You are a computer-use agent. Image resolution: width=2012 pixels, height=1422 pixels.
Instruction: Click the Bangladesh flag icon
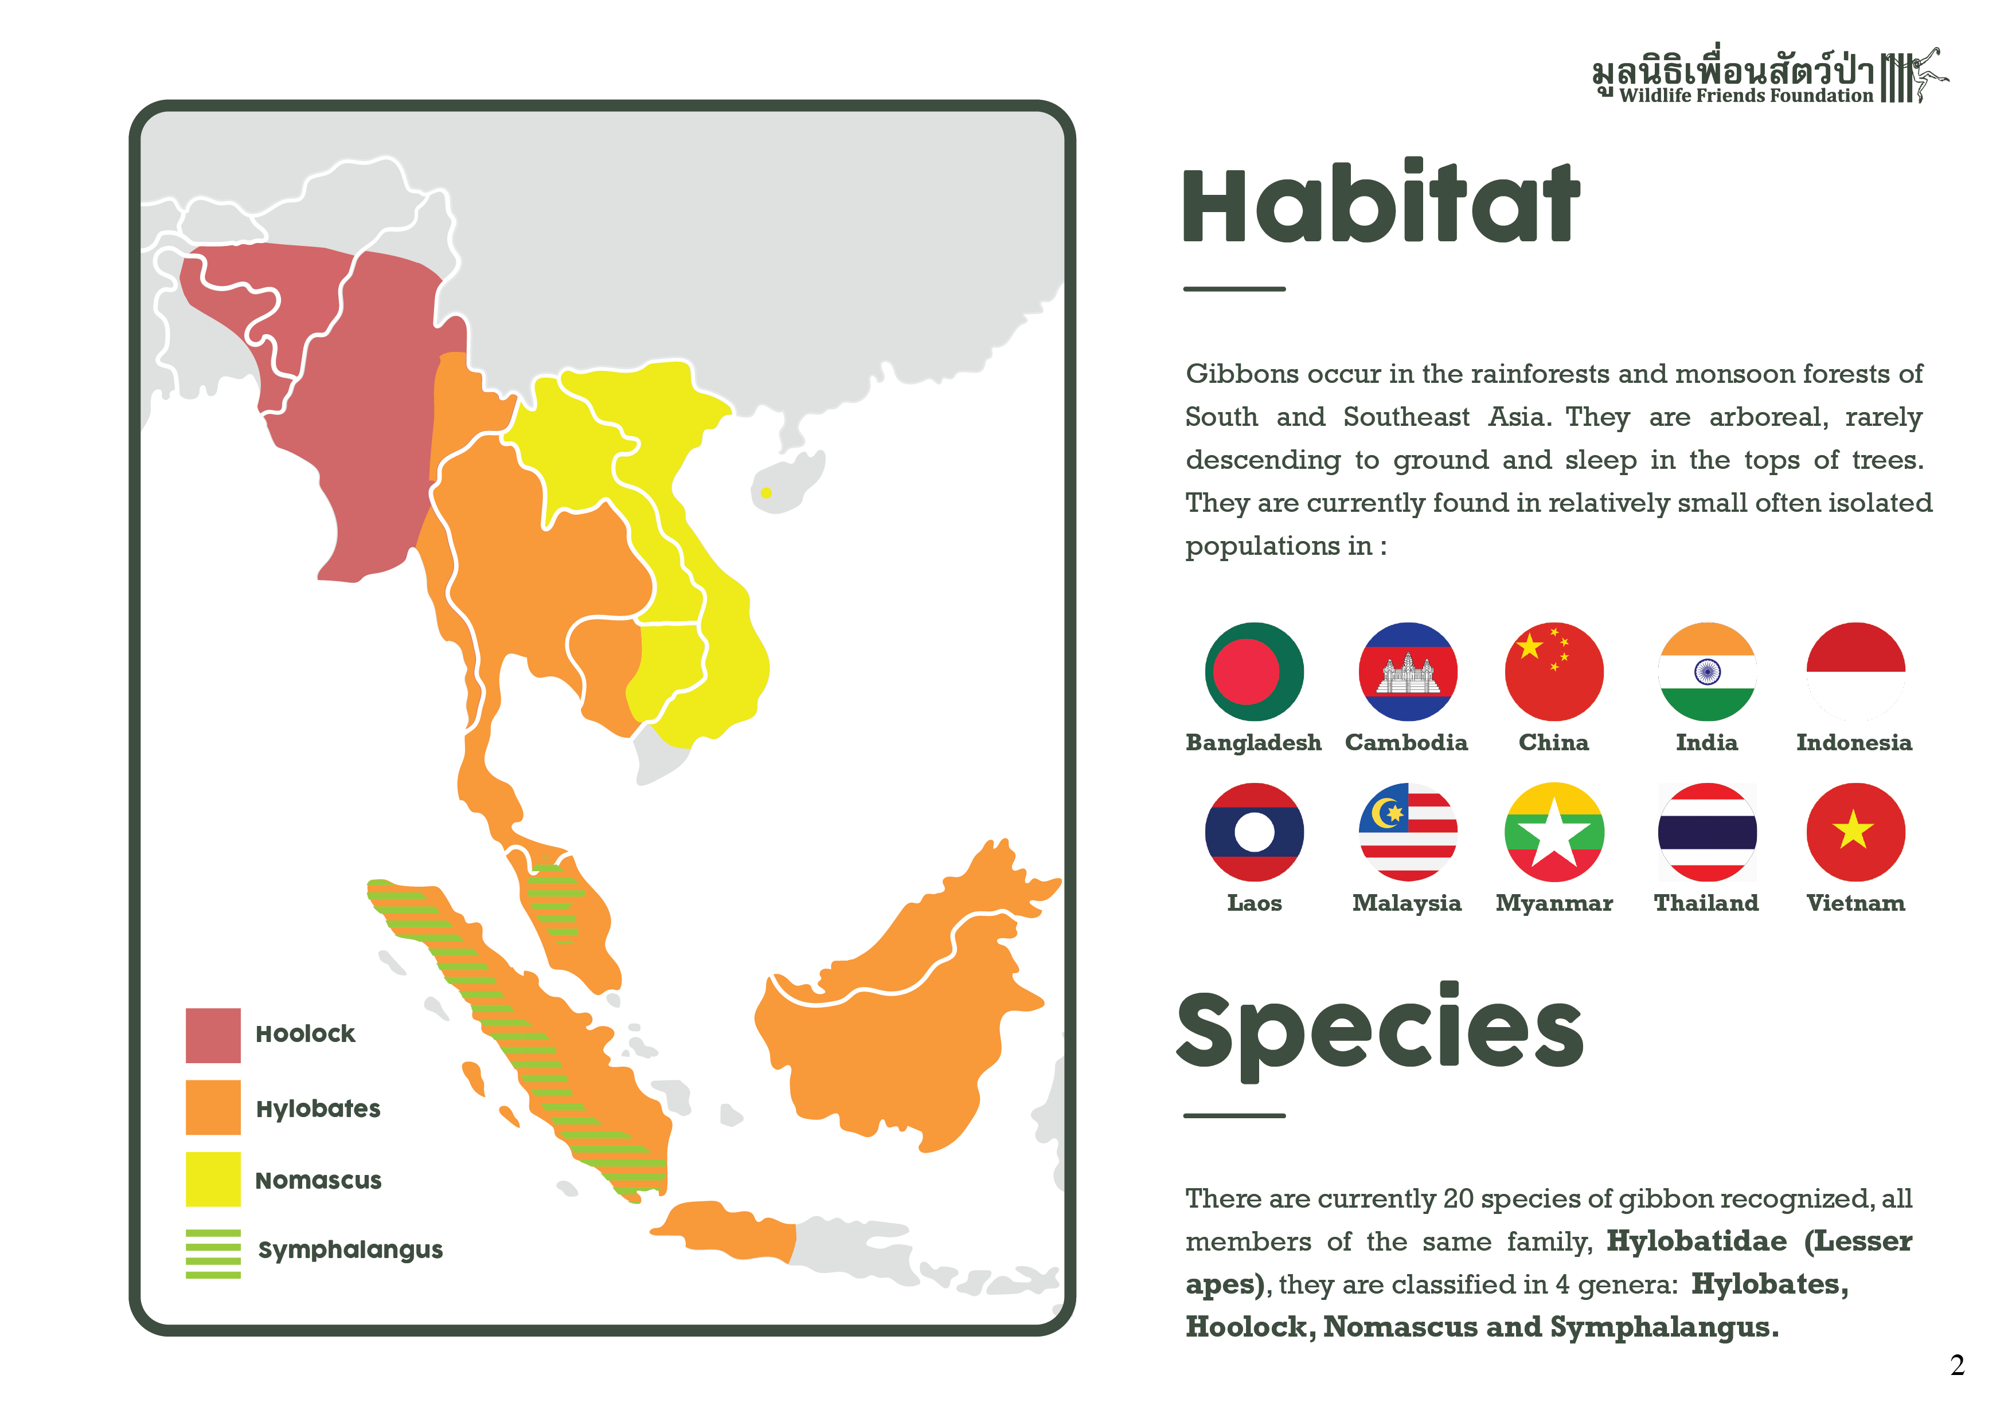(x=1254, y=672)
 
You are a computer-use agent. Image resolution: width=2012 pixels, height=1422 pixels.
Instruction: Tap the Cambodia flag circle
(x=1407, y=672)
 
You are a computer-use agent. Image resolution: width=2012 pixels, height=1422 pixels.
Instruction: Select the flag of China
(x=1554, y=672)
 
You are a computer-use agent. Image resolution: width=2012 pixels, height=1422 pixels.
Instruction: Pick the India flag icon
(x=1707, y=672)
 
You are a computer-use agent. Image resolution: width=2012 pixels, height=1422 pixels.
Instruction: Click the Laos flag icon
(x=1254, y=832)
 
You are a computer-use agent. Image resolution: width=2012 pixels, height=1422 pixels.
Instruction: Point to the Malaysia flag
(x=1407, y=832)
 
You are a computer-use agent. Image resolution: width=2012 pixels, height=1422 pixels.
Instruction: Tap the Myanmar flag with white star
(x=1554, y=832)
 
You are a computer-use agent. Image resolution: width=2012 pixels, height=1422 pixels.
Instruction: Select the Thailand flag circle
(x=1707, y=832)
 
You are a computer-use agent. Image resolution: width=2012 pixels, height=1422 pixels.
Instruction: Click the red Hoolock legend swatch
(x=213, y=1036)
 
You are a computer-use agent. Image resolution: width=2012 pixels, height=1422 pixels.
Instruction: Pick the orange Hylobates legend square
(x=213, y=1107)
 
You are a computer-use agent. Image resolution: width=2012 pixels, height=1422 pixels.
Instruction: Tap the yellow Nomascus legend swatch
(x=213, y=1180)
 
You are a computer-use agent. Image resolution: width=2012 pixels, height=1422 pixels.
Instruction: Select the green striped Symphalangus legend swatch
(x=213, y=1253)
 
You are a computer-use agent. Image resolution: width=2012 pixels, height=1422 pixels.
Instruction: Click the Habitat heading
(x=1381, y=203)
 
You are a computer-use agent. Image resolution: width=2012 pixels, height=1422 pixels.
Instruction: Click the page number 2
(x=1957, y=1365)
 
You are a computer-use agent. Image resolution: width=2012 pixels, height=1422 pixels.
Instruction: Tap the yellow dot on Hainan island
(x=766, y=493)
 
